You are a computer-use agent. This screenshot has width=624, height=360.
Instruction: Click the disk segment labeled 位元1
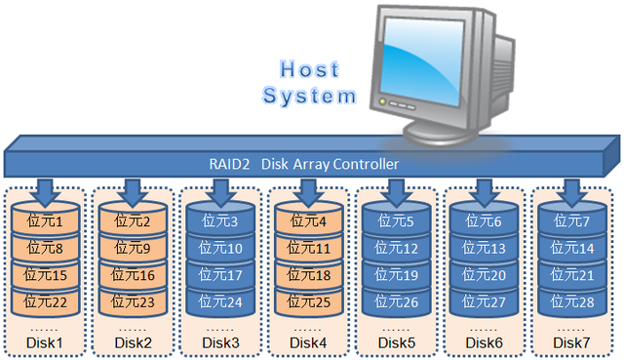(x=44, y=222)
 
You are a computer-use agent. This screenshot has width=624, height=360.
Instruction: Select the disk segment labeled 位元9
(x=132, y=249)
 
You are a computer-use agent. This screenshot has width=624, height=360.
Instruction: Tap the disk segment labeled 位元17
(x=219, y=275)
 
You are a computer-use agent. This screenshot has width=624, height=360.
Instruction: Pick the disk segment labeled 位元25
(x=307, y=301)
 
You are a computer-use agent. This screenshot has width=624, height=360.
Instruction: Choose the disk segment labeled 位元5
(x=396, y=222)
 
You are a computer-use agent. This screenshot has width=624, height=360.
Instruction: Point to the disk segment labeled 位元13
(x=484, y=249)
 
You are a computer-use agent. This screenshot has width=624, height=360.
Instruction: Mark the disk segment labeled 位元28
(x=571, y=301)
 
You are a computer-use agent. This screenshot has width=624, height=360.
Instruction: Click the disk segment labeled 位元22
(x=44, y=301)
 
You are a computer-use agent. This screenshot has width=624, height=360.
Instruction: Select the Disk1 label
(x=44, y=342)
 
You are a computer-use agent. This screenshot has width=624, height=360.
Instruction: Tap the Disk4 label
(x=307, y=342)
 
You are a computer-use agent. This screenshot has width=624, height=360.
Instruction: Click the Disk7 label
(x=571, y=342)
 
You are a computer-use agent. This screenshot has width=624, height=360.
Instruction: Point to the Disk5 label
(x=396, y=342)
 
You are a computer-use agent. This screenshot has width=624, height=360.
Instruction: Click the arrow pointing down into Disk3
(x=219, y=188)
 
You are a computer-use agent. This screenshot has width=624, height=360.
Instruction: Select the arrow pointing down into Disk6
(x=484, y=188)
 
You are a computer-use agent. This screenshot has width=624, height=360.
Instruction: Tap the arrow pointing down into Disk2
(x=132, y=188)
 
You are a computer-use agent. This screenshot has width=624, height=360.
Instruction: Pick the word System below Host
(x=311, y=96)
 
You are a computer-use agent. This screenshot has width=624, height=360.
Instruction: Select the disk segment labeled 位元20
(x=484, y=275)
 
